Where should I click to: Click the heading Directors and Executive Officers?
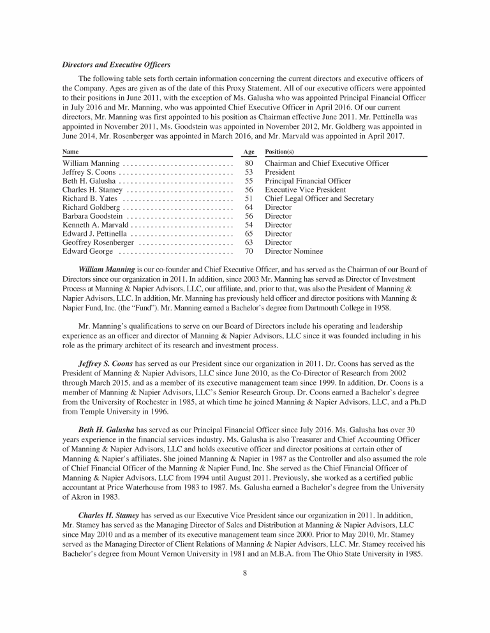click(x=115, y=64)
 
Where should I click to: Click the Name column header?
click(x=71, y=152)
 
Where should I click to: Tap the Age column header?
click(x=249, y=152)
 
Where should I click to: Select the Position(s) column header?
click(x=279, y=152)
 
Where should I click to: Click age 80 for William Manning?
click(x=249, y=164)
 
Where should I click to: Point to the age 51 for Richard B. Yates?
click(x=249, y=199)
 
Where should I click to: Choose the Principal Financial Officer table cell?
click(x=308, y=181)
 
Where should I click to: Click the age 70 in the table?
click(x=249, y=251)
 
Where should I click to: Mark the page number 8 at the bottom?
click(x=245, y=572)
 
